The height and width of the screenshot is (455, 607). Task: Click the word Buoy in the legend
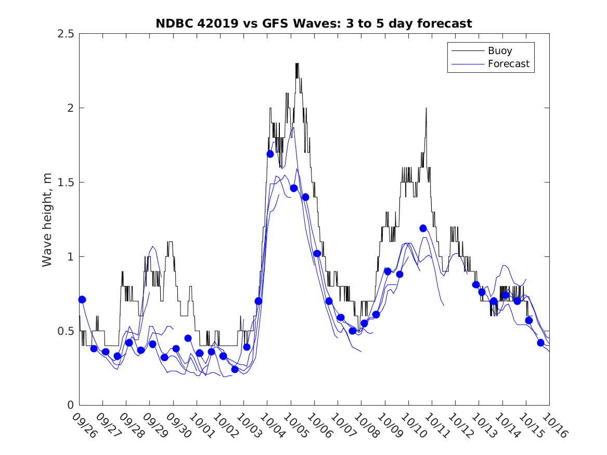[x=499, y=51]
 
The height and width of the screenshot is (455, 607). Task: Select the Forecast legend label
[x=508, y=64]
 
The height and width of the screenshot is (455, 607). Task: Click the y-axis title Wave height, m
[x=47, y=220]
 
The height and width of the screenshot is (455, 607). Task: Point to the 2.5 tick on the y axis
[x=66, y=34]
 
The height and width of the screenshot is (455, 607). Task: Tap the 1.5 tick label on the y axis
[x=66, y=183]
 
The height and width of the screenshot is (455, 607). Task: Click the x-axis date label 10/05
[x=296, y=426]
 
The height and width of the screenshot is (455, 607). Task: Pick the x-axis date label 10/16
[x=554, y=426]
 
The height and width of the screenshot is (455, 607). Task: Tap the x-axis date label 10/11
[x=437, y=426]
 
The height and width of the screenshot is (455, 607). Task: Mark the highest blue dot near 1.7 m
[x=270, y=154]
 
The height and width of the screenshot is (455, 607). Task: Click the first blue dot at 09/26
[x=82, y=300]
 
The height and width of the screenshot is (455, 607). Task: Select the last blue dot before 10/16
[x=540, y=343]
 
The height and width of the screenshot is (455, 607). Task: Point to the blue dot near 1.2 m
[x=423, y=228]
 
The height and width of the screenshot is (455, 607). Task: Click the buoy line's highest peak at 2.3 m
[x=297, y=63]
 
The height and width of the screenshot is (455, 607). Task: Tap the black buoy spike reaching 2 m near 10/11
[x=426, y=108]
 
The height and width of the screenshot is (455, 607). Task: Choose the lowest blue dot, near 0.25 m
[x=235, y=369]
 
